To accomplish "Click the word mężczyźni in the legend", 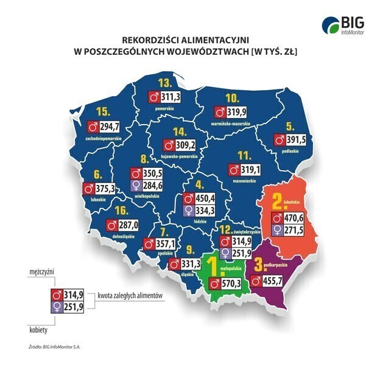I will pyautogui.click(x=37, y=274).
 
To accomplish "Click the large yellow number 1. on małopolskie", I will pyautogui.click(x=211, y=265).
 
